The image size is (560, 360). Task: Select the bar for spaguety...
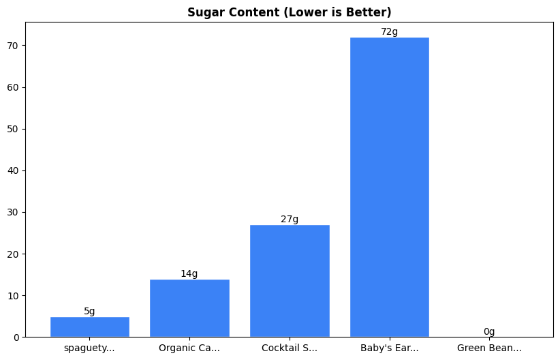pos(89,327)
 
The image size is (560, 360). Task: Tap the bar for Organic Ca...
pos(189,308)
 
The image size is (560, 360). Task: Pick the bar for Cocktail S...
pos(290,281)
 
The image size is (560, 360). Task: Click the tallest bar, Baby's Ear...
pos(390,187)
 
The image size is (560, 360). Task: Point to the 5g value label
pos(89,312)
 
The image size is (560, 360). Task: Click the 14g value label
pos(189,274)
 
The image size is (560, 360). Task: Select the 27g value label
pos(290,220)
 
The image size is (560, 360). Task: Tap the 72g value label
pos(390,32)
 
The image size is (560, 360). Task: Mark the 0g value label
pos(489,332)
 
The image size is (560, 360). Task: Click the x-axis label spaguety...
pos(89,348)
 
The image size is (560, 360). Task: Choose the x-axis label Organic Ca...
pos(189,348)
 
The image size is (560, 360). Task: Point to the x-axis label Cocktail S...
pos(290,348)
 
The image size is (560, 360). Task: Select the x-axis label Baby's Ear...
pos(390,348)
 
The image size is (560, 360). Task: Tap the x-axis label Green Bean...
pos(489,348)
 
